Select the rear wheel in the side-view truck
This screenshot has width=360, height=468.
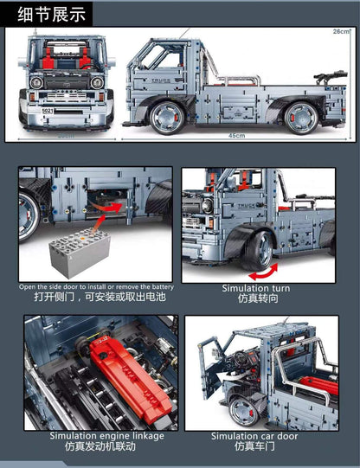302,116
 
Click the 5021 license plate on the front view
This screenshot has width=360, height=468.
48,112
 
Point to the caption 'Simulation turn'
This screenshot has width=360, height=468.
256,288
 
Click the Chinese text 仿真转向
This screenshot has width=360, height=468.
256,298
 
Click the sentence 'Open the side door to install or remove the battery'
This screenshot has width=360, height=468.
96,286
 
